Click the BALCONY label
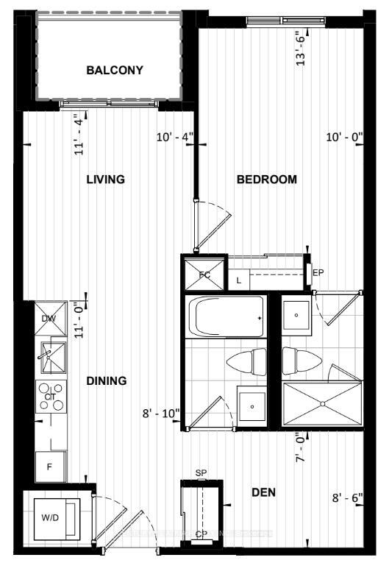pos(114,71)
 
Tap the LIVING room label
pos(105,180)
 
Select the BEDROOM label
pos(266,180)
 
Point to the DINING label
pos(107,381)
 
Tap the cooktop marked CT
pos(51,396)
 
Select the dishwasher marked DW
pos(49,319)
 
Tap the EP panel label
pos(318,273)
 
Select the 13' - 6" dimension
pos(300,49)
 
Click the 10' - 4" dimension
pos(174,137)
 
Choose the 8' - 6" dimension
pos(347,497)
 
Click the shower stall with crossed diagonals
pos(322,403)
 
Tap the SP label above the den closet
pos(201,473)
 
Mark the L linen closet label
pos(239,280)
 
